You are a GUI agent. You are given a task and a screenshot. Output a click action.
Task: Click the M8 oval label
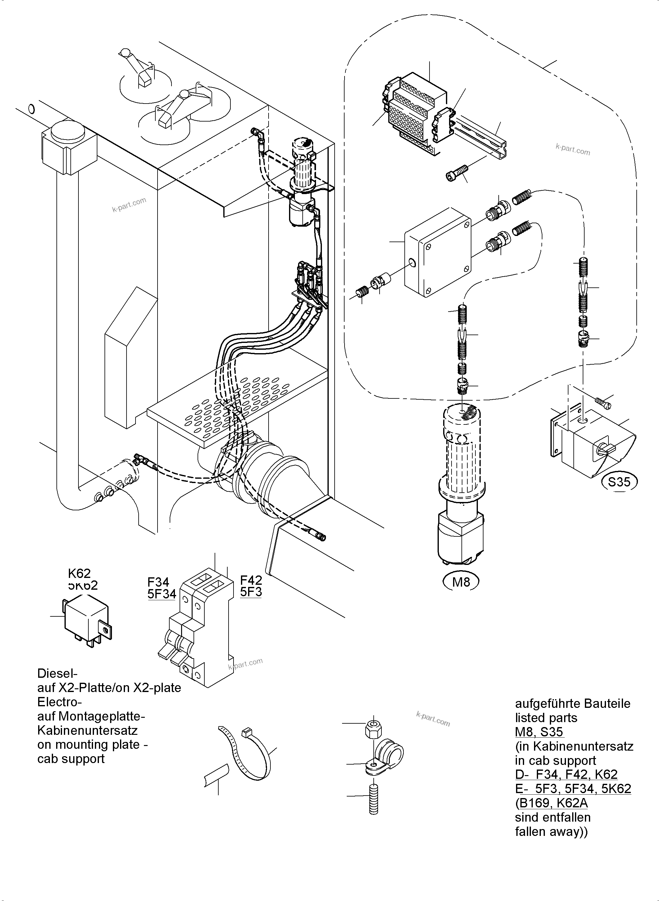(x=461, y=582)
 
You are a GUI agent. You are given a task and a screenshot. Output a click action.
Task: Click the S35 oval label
(x=619, y=482)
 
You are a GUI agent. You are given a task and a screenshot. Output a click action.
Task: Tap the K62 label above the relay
(x=79, y=573)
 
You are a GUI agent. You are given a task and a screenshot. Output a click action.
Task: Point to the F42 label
(x=251, y=579)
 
